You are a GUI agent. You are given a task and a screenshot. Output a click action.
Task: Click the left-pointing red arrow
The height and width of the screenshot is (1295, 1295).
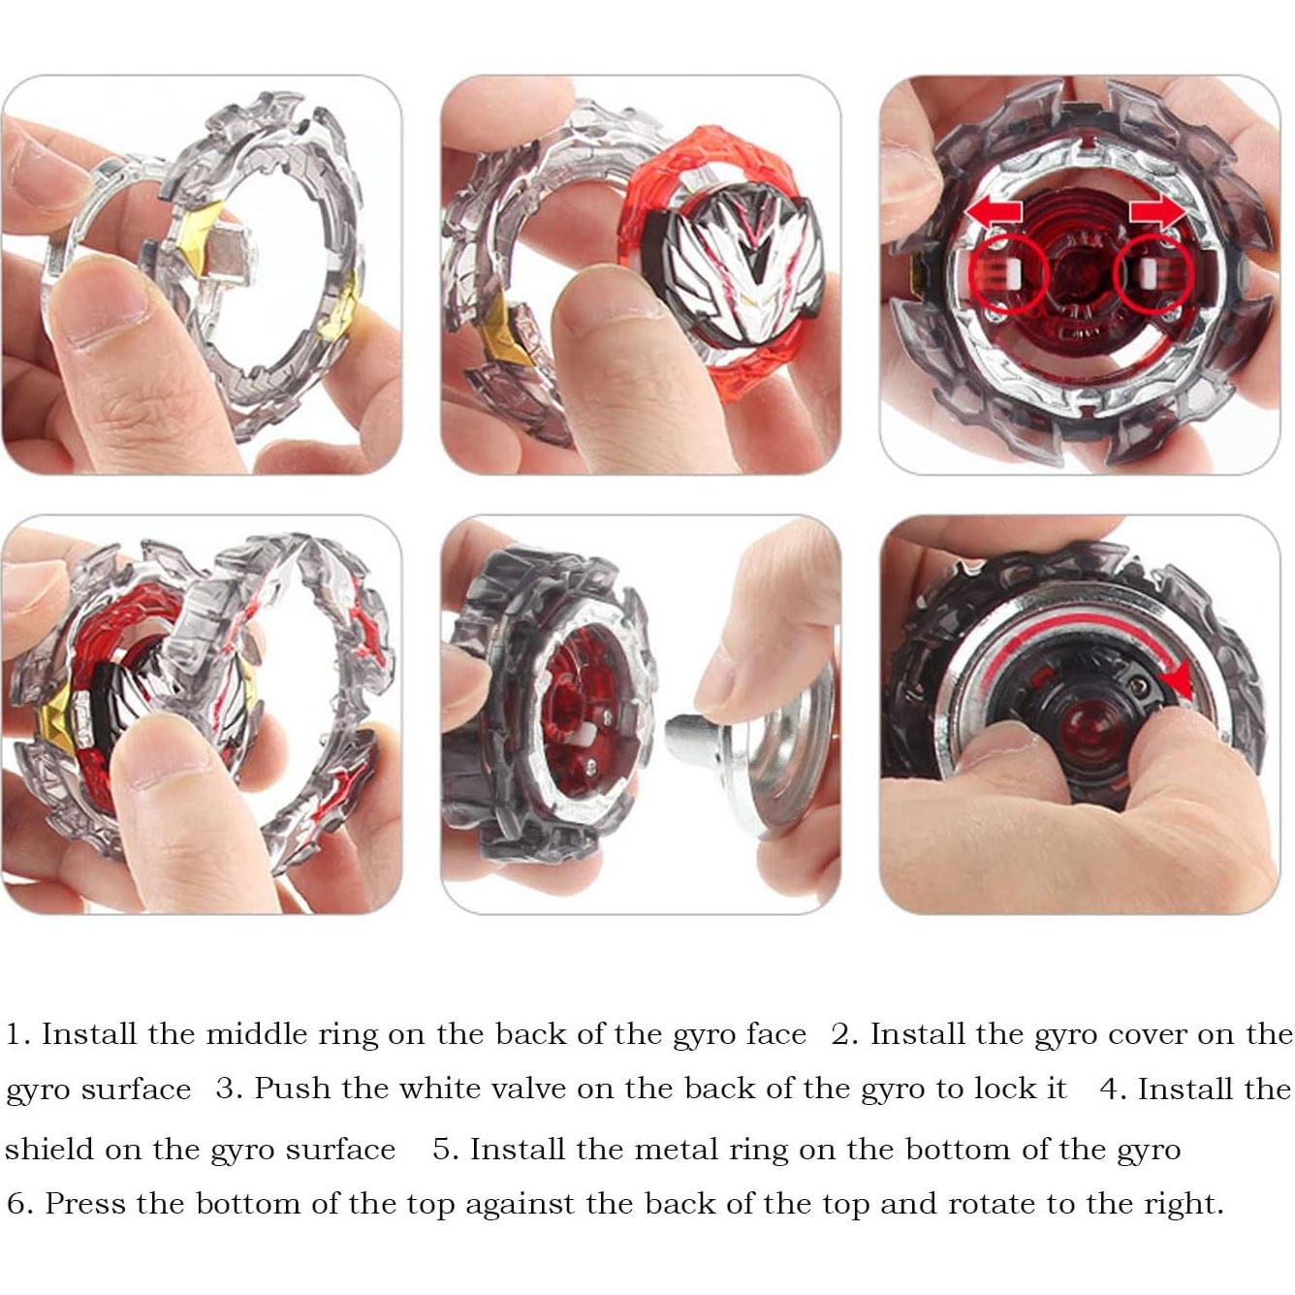click(x=993, y=212)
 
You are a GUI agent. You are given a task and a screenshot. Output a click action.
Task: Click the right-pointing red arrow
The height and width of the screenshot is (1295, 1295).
click(x=1156, y=210)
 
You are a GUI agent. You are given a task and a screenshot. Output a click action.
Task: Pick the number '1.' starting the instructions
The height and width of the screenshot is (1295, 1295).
click(x=18, y=1034)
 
